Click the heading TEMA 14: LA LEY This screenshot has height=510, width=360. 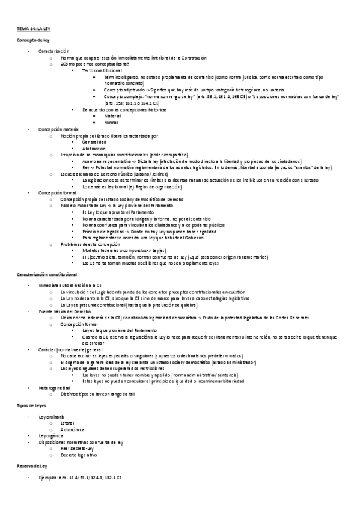click(x=34, y=28)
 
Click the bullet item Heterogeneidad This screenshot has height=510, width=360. click(x=54, y=388)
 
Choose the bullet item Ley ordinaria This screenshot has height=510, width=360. click(x=51, y=417)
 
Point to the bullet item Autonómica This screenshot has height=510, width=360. click(x=74, y=429)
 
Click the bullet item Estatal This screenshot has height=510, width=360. click(x=67, y=423)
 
